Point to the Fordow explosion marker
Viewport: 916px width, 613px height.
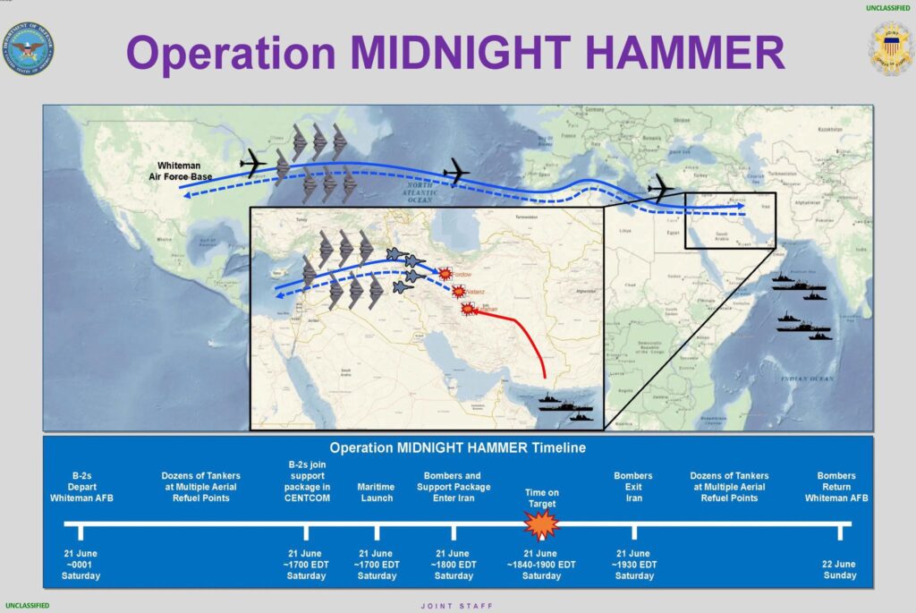tap(444, 274)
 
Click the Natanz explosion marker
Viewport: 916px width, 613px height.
tap(458, 291)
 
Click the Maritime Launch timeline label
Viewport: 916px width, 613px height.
tap(377, 492)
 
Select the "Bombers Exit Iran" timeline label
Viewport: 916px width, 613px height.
tap(633, 487)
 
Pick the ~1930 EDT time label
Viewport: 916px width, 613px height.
tap(633, 565)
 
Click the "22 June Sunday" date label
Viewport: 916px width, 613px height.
tap(839, 570)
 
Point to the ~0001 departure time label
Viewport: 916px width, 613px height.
tap(81, 565)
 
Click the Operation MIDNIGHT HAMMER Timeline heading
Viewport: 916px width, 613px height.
tap(457, 447)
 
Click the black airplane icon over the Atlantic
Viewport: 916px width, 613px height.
tap(456, 172)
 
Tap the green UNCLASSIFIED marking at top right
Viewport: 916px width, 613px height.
tap(887, 8)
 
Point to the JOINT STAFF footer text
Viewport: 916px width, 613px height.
tap(457, 606)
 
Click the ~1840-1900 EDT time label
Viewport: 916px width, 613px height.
tap(541, 565)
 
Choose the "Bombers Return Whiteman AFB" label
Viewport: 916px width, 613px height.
tap(836, 487)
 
